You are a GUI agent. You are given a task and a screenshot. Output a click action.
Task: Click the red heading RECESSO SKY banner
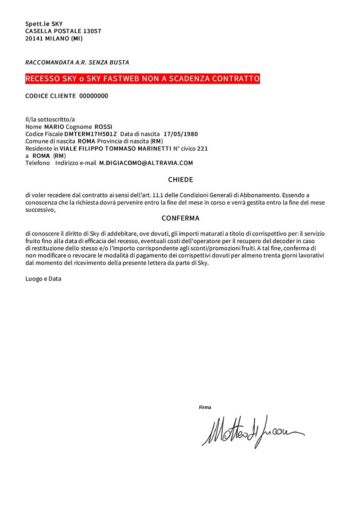[143, 79]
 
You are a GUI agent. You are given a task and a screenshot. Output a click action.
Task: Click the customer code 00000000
[94, 96]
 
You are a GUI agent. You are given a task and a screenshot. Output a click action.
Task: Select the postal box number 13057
[92, 31]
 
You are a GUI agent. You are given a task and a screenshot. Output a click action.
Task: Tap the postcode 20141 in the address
[34, 39]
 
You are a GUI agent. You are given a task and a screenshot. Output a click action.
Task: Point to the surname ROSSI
[103, 127]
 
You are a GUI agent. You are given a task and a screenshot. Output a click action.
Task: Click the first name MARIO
[54, 127]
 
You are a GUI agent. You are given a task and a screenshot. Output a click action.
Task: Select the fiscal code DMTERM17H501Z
[90, 134]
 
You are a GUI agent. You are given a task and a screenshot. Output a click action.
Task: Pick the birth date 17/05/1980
[180, 134]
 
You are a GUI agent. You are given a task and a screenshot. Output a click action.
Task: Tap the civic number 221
[202, 148]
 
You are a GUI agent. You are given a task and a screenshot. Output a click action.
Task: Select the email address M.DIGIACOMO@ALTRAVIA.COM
[146, 163]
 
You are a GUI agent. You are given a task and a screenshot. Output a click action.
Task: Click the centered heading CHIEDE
[180, 180]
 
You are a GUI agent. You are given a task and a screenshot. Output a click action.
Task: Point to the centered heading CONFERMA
[180, 219]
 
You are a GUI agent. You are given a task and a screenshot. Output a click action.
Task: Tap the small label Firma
[205, 407]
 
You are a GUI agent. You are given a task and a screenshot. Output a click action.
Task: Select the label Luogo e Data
[43, 279]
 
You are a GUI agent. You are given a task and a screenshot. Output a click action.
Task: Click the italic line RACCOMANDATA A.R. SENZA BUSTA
[77, 63]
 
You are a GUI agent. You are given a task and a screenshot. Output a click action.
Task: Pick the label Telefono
[38, 163]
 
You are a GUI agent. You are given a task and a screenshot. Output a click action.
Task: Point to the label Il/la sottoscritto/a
[50, 120]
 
